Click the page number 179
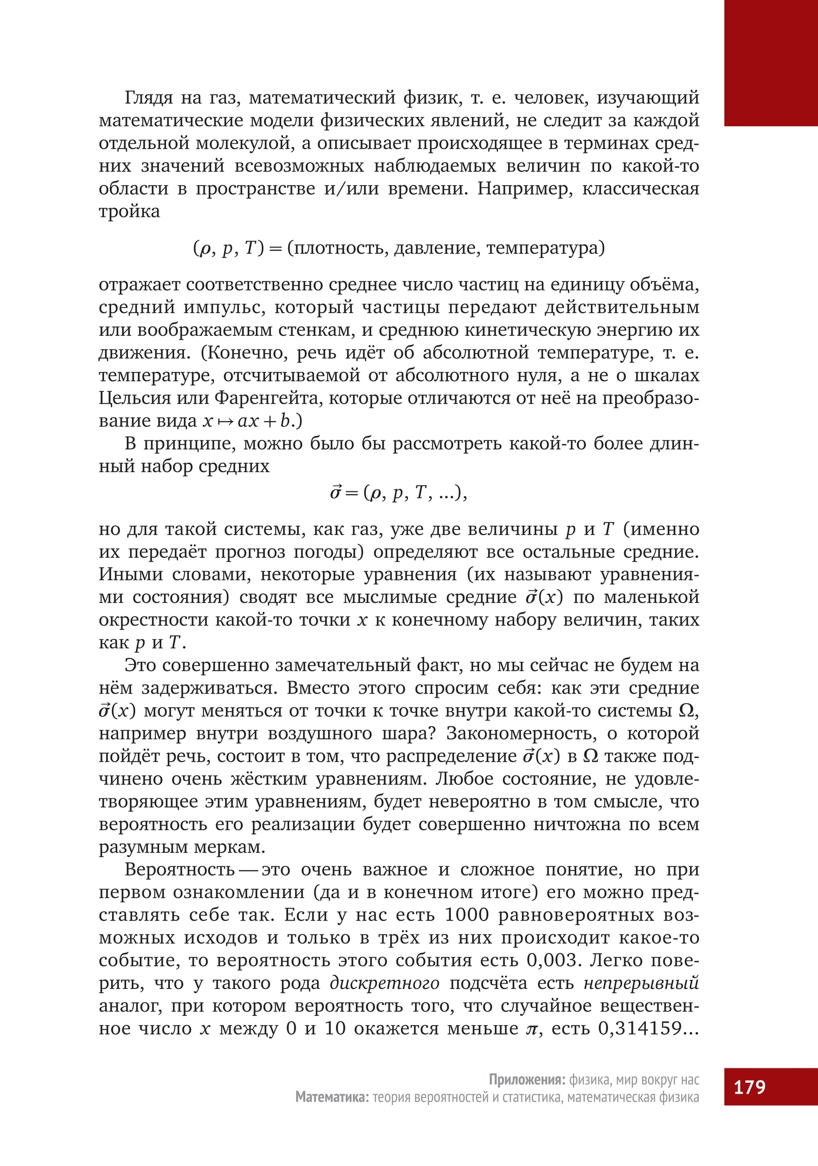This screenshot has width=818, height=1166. point(749,1086)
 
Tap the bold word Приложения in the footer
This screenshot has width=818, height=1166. point(527,1080)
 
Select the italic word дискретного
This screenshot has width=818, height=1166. point(384,983)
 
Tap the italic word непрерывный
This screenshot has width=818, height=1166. point(641,983)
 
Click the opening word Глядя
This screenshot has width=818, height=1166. point(149,98)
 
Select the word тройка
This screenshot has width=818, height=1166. point(129,211)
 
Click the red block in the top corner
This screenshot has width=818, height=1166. point(771,63)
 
